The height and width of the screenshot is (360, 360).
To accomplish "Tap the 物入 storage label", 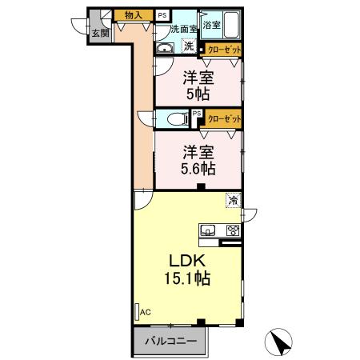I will [x=134, y=15].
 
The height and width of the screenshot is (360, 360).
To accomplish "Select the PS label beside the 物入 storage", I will [x=162, y=15].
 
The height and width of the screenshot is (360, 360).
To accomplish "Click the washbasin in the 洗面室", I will [x=165, y=48].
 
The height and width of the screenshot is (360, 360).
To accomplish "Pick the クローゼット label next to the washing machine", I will [x=222, y=49].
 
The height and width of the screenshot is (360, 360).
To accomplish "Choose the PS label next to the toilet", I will [x=196, y=114].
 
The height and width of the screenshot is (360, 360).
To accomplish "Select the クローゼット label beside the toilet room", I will [x=222, y=118].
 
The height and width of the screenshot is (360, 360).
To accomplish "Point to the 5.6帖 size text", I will [x=197, y=169].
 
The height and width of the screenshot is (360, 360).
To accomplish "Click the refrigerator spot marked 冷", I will [x=233, y=200].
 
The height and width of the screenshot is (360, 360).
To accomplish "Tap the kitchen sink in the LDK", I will [x=208, y=231].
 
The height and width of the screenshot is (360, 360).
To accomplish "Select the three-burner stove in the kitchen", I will [x=233, y=231].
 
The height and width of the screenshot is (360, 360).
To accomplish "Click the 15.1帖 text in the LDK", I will [x=188, y=281].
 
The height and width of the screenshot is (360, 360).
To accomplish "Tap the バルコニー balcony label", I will [x=170, y=342].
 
